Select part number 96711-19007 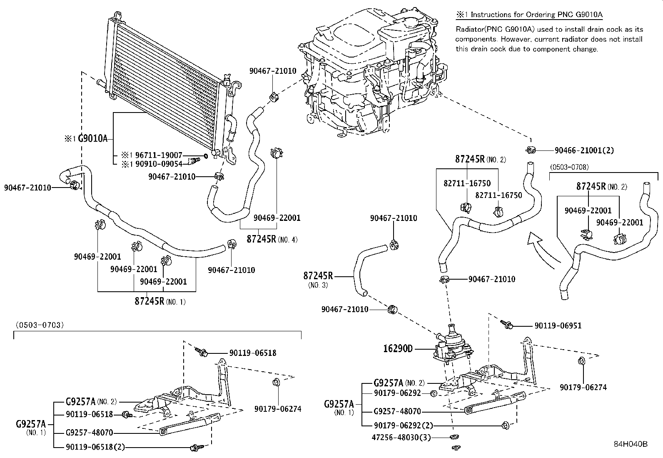159,155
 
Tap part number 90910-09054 159,164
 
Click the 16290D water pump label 398,348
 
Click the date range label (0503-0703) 40,325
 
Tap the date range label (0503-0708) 569,167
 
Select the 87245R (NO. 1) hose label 160,301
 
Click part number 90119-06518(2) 95,447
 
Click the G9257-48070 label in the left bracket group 89,433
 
